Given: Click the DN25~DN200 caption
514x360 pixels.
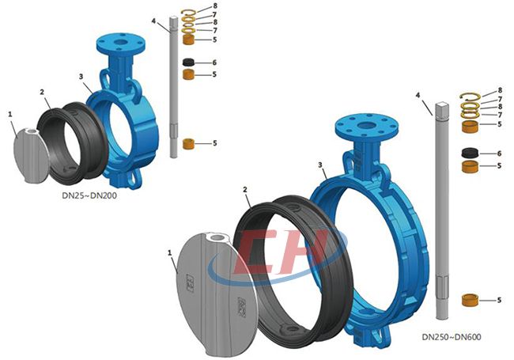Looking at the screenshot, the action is (89, 195).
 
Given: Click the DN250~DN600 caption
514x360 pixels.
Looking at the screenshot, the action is (452, 337).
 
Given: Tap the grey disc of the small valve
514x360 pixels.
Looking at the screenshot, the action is (32, 156).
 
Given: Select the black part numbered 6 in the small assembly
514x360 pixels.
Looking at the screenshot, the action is (188, 63).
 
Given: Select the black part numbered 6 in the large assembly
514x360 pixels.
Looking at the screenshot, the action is (470, 153).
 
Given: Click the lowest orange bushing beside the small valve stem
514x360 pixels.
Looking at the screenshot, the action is (188, 144).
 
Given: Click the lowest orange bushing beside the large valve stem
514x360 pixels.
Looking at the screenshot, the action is (470, 300).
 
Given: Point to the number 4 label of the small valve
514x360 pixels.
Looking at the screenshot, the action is (153, 21).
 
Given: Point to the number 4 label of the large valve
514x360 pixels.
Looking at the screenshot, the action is (418, 95).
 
